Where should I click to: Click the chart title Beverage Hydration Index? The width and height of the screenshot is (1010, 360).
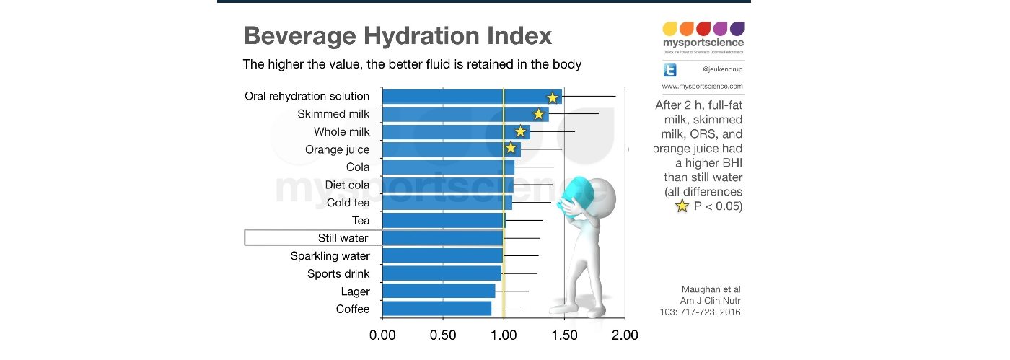(x=398, y=35)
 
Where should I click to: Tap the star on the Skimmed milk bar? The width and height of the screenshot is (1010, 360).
(x=538, y=114)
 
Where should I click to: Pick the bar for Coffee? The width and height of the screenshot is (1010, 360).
(x=436, y=309)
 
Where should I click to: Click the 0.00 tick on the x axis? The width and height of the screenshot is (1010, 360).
(x=382, y=335)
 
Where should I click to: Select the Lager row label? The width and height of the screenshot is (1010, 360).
(x=355, y=291)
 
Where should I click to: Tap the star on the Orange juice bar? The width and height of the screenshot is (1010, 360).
(x=511, y=149)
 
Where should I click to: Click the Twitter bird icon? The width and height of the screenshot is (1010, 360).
(x=670, y=70)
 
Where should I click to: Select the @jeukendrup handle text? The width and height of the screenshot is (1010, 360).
(x=722, y=70)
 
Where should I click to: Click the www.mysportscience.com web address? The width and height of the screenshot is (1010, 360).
(x=702, y=86)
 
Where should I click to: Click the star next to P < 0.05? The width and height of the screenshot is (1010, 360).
(x=681, y=207)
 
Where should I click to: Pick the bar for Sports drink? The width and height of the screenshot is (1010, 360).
(x=442, y=273)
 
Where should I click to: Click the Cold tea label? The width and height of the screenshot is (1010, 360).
(x=348, y=203)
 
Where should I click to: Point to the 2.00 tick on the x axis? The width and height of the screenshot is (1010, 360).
(x=625, y=335)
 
